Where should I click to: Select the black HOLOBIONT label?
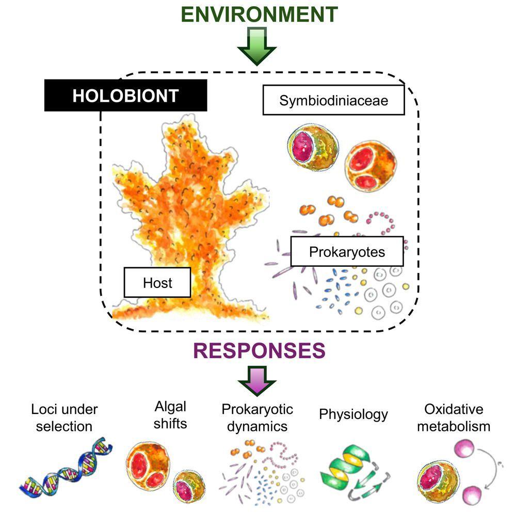point(126,95)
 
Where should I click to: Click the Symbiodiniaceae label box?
point(333,100)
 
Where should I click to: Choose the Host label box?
point(157,282)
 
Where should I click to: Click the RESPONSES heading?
point(259,351)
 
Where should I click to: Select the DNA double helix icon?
point(62,464)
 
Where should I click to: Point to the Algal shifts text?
point(170,415)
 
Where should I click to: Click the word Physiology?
point(353,414)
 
